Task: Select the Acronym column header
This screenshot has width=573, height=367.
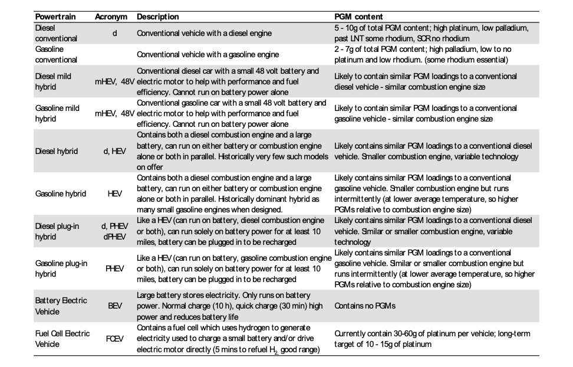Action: pos(111,17)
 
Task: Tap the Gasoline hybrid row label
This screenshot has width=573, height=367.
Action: pos(61,194)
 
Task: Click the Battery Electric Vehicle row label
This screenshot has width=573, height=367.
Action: pos(61,306)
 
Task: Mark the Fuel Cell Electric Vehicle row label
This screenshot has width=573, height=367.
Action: pos(62,339)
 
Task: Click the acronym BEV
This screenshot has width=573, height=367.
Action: pos(115,306)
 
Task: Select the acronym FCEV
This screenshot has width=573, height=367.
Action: pos(115,339)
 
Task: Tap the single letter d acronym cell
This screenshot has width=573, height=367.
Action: pos(114,33)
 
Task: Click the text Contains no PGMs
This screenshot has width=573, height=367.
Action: pos(364,306)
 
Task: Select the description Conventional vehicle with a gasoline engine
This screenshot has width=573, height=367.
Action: pos(208,54)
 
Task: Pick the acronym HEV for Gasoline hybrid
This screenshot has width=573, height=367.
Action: pos(115,194)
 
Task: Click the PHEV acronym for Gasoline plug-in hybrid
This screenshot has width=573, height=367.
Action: pos(115,268)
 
